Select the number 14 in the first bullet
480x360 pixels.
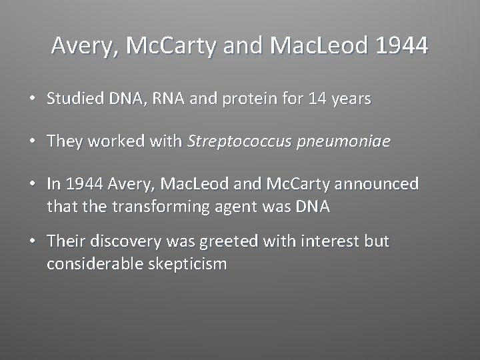click(x=316, y=99)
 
